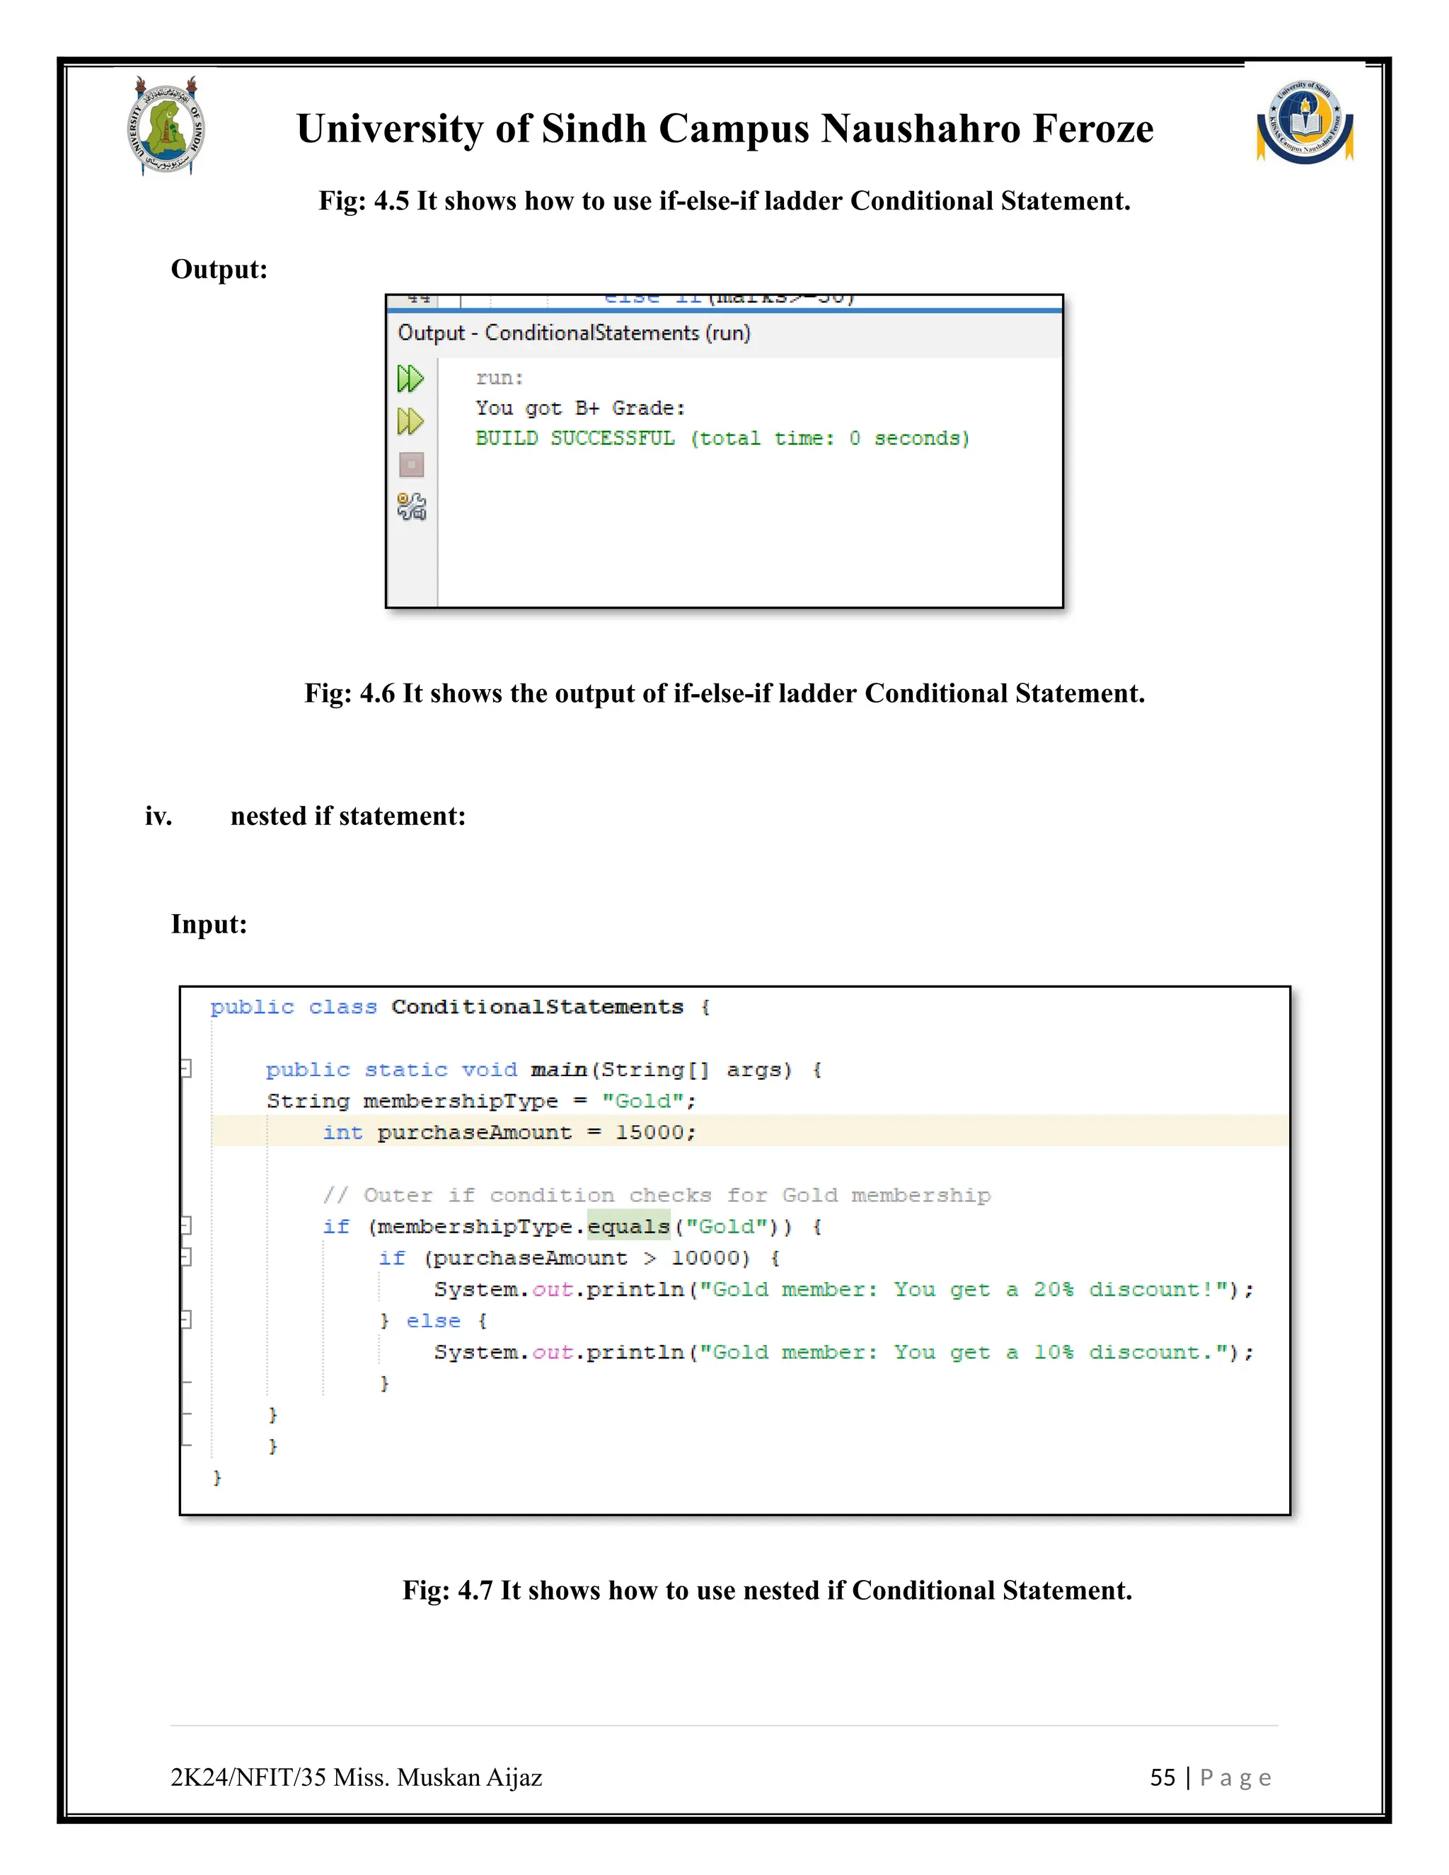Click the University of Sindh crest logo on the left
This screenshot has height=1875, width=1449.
click(x=166, y=128)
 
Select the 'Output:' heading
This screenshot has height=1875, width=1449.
click(x=219, y=270)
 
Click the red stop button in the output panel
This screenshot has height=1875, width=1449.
click(x=411, y=466)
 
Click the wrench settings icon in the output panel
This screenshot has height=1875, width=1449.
click(x=411, y=507)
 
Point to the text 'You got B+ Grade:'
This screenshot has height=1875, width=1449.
click(x=580, y=409)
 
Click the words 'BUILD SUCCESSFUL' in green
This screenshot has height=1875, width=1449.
click(x=575, y=439)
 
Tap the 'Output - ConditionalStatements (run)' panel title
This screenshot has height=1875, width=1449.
click(x=573, y=333)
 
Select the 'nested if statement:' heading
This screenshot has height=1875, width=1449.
click(x=347, y=816)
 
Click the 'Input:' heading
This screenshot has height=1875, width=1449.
click(x=209, y=925)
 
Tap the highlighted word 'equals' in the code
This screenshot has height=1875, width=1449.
click(x=628, y=1227)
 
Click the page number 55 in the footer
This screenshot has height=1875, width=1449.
click(x=1162, y=1777)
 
